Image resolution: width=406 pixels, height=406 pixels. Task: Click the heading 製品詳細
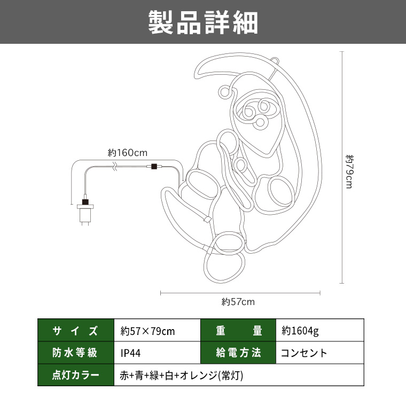[203, 22]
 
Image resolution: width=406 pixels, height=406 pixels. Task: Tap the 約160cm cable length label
[127, 153]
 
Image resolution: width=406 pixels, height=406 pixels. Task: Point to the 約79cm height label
[349, 171]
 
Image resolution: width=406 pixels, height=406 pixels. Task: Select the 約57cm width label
[238, 302]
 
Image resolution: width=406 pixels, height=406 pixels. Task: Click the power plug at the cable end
[85, 211]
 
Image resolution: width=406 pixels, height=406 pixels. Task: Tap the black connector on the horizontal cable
[154, 166]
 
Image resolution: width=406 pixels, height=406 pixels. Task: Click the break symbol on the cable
[115, 166]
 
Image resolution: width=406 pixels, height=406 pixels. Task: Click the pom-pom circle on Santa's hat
[224, 92]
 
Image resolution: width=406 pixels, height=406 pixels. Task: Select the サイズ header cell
[76, 330]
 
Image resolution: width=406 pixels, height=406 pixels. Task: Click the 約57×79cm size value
[147, 331]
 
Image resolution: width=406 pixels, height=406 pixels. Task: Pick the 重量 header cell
[238, 330]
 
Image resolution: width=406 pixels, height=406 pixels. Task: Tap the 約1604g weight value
[300, 331]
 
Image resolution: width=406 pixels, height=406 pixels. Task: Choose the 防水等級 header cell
[76, 353]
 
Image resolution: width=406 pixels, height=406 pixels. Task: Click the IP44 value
[130, 353]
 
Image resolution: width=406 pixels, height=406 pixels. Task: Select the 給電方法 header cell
[238, 353]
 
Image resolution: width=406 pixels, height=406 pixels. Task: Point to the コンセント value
[304, 353]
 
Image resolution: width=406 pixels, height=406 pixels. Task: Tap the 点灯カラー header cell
[76, 375]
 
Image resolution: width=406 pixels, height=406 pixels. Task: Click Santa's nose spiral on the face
[260, 123]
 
